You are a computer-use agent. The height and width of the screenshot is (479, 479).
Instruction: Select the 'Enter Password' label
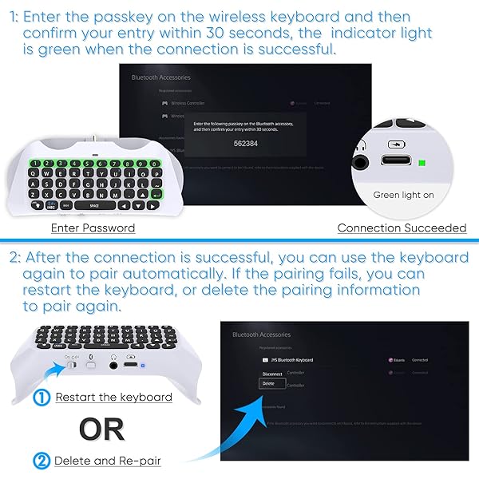click(x=93, y=228)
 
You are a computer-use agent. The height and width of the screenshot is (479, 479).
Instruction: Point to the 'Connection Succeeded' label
click(x=402, y=228)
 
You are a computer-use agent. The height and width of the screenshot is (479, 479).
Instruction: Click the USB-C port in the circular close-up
click(x=397, y=164)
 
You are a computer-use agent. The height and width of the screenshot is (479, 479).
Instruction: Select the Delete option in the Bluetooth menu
click(x=269, y=384)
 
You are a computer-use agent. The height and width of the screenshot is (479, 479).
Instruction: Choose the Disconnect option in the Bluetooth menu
click(x=272, y=371)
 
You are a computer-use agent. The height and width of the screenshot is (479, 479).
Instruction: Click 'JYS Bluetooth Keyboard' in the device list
click(x=288, y=360)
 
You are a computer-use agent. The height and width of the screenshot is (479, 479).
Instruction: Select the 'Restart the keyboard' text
click(x=114, y=397)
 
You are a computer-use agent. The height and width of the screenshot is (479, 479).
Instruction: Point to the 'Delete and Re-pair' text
click(x=106, y=461)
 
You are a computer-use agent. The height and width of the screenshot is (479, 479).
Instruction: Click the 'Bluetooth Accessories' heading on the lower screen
click(x=261, y=335)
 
